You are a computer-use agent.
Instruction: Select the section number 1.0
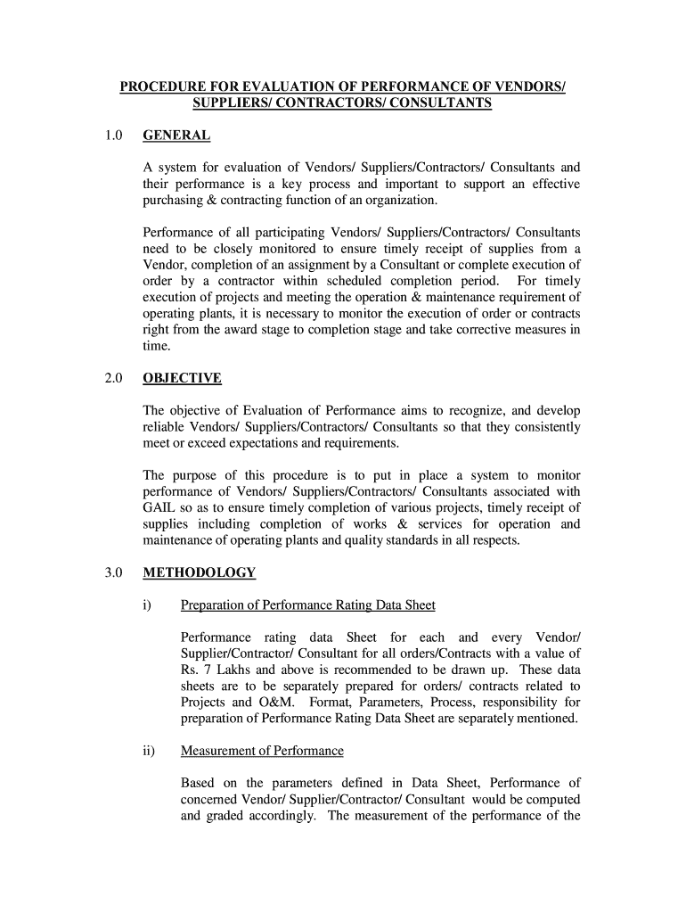(x=111, y=136)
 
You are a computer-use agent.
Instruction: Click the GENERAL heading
(x=176, y=136)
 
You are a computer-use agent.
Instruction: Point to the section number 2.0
(x=111, y=378)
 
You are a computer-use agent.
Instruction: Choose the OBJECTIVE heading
(x=182, y=378)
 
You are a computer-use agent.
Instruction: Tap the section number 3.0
(x=111, y=572)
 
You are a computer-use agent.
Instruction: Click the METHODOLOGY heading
(x=200, y=572)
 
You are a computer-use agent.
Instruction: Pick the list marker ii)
(x=149, y=751)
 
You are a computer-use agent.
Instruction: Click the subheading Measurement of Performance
(x=262, y=751)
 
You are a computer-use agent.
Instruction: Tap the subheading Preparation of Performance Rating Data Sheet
(x=308, y=605)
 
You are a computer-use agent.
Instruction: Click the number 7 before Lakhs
(x=207, y=670)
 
